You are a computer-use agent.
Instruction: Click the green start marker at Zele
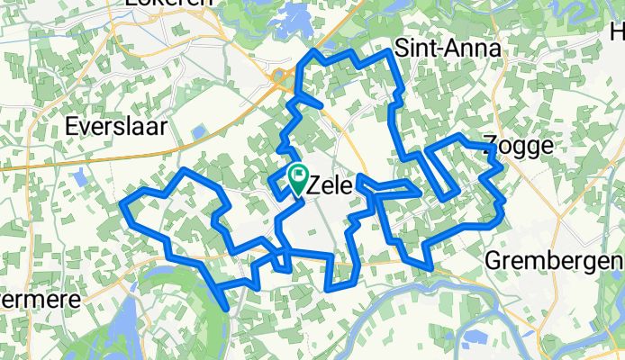298,176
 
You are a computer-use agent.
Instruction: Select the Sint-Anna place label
448,49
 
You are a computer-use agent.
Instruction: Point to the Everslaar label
116,126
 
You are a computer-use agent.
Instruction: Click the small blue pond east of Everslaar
197,133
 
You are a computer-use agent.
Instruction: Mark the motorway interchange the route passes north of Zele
278,84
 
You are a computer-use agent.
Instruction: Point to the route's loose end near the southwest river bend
225,309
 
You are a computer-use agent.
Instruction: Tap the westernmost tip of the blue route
122,206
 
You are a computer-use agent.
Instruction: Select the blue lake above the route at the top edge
294,19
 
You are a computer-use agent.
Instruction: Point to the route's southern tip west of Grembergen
431,266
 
